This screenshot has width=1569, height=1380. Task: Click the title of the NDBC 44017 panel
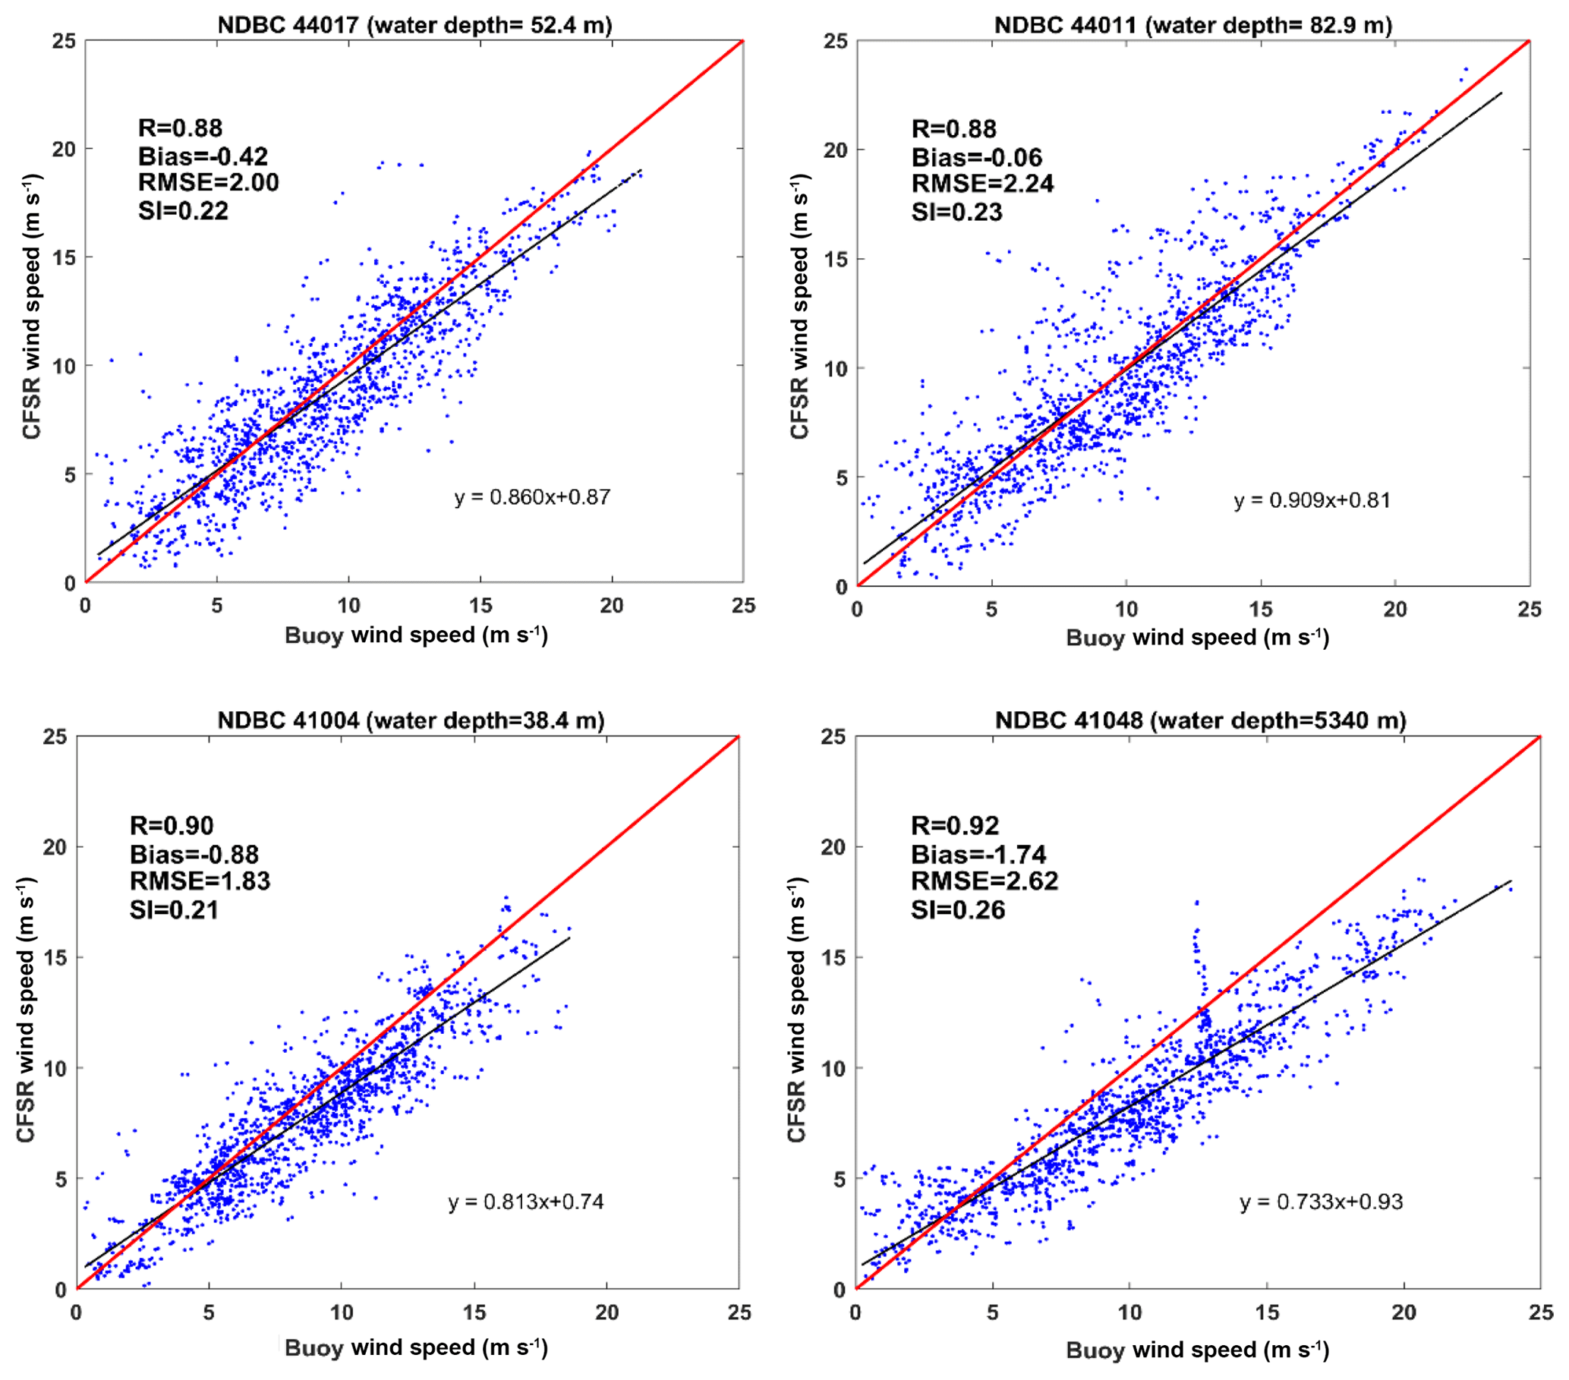tap(414, 25)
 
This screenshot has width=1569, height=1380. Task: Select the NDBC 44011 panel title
tap(1193, 25)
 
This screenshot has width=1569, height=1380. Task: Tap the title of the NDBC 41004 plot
tap(411, 720)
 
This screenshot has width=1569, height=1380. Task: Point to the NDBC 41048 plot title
tap(1201, 720)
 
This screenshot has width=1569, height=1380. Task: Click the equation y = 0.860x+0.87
tap(533, 497)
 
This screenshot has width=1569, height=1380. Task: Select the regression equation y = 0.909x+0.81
tap(1312, 500)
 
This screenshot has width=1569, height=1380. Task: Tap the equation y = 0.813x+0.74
tap(526, 1201)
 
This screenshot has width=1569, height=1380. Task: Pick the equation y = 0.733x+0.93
tap(1321, 1201)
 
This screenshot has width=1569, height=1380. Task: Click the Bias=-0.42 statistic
tap(203, 156)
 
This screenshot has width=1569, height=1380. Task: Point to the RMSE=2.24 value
tap(982, 184)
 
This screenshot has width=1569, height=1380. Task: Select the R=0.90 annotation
tap(172, 825)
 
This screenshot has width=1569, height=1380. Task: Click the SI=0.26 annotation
tap(958, 909)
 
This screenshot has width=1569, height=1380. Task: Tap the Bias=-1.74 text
tap(978, 854)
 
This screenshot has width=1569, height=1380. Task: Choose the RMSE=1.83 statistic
tap(200, 881)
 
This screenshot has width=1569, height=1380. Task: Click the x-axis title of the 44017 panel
tap(416, 635)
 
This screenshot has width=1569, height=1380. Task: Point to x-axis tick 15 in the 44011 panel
tap(1260, 610)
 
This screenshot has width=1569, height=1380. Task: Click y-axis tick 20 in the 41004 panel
tap(56, 846)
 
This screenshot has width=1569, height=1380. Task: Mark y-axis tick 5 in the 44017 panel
tap(69, 474)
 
